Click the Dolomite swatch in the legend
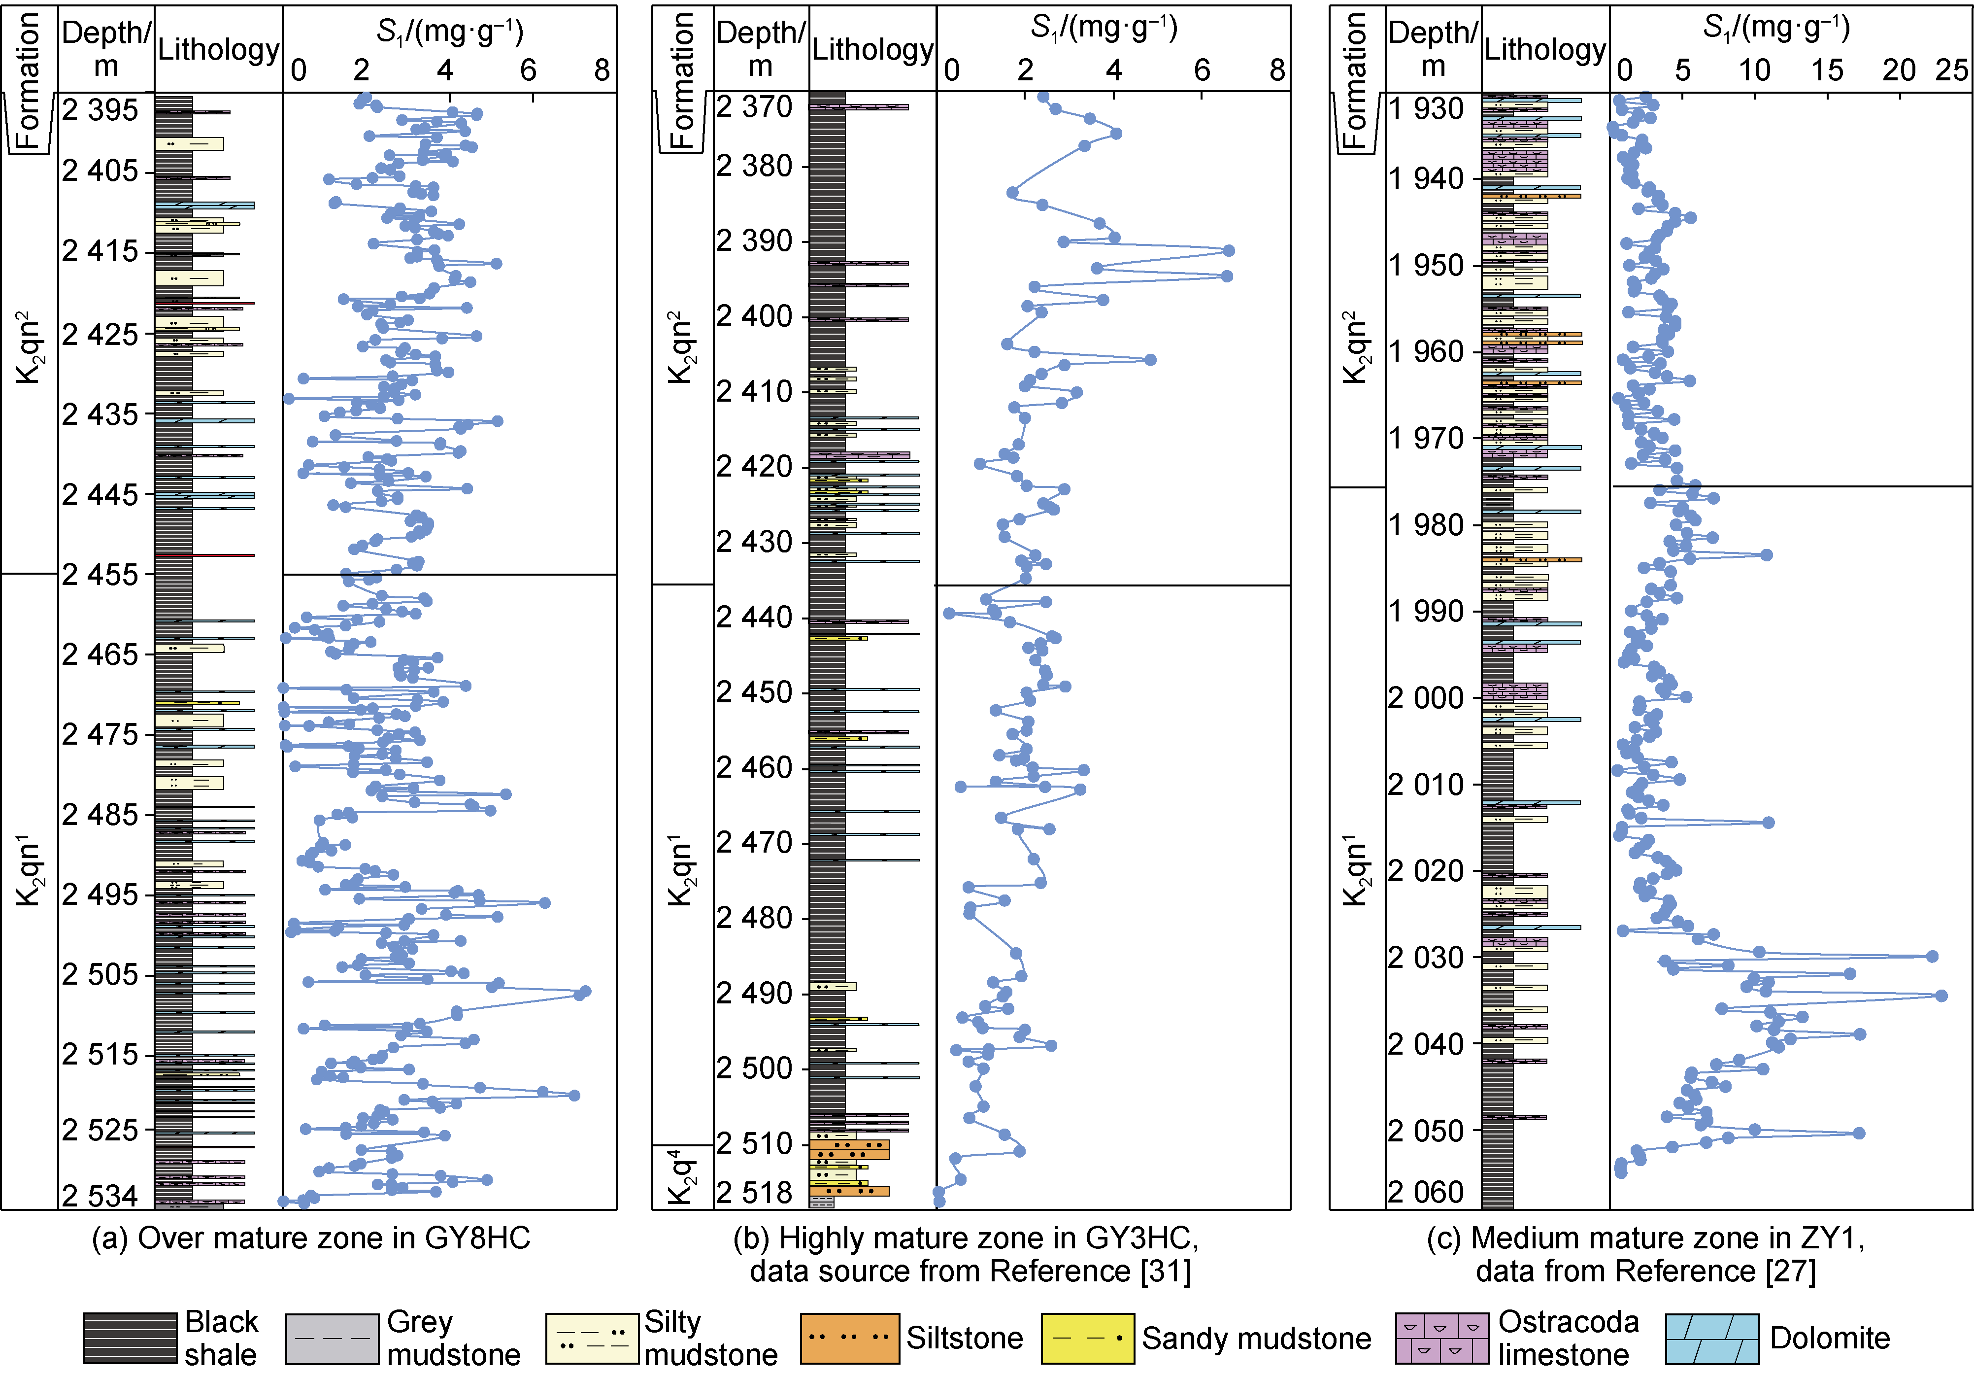(1711, 1338)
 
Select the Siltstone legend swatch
(849, 1338)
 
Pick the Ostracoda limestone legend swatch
(1441, 1338)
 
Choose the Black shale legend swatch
(130, 1338)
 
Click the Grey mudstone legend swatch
(332, 1338)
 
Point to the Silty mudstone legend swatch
(592, 1338)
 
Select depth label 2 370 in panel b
(754, 106)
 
